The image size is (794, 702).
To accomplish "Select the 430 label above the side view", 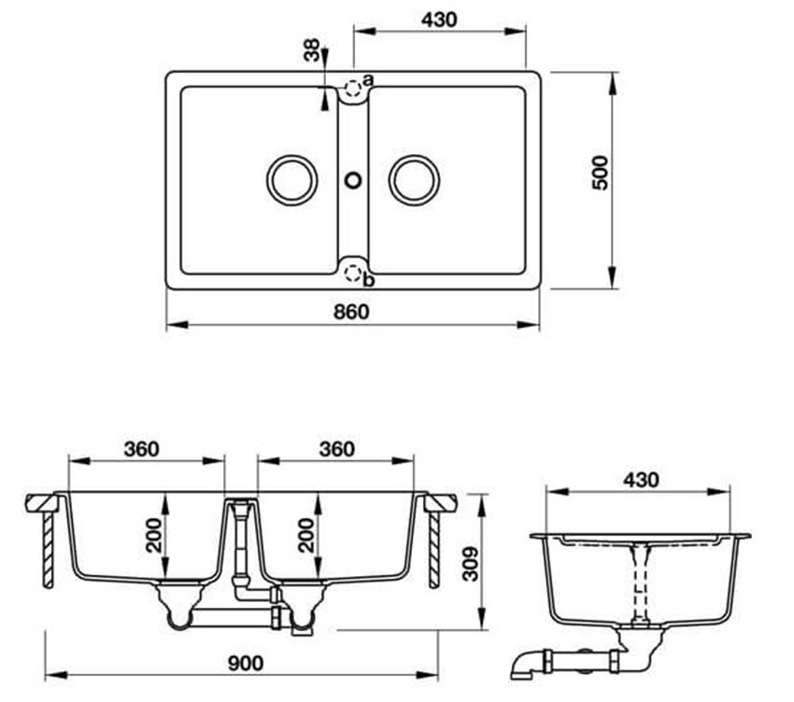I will [x=640, y=479].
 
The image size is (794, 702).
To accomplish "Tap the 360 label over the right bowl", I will [x=335, y=449].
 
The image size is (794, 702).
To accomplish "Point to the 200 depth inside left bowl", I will [x=154, y=535].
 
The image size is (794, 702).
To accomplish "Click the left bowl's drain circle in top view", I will [x=291, y=179].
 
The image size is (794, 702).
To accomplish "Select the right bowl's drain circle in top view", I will [x=414, y=179].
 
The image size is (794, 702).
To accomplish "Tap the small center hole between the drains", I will [x=353, y=178].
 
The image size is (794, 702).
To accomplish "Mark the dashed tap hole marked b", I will [x=351, y=272].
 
